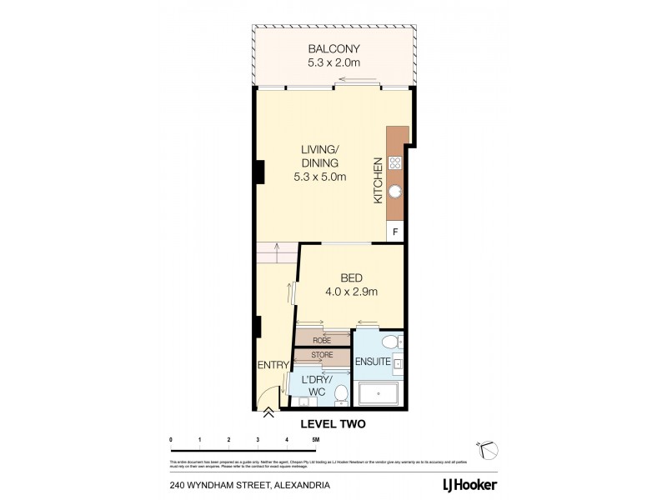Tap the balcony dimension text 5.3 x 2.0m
[332, 62]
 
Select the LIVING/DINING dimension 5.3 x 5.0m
[320, 177]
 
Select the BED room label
[351, 277]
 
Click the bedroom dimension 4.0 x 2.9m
[351, 292]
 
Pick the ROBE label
[323, 340]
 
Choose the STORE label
[323, 356]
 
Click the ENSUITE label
[374, 362]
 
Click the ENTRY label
[273, 365]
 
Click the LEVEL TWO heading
[332, 424]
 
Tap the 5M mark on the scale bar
[315, 439]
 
